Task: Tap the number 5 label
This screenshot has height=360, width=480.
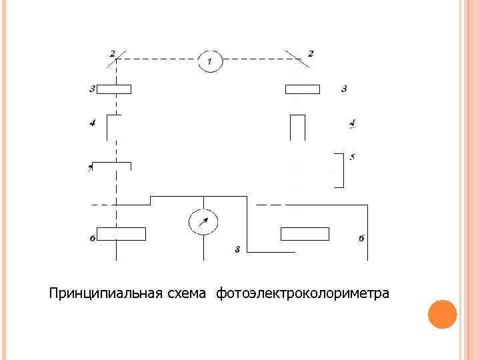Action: tap(352, 157)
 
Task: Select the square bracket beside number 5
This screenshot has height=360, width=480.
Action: tap(341, 171)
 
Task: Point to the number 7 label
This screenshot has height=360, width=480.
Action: tap(90, 170)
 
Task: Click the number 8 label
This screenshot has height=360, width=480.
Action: tap(237, 249)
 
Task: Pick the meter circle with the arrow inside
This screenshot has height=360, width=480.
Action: tap(203, 221)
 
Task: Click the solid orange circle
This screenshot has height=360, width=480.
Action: tap(441, 314)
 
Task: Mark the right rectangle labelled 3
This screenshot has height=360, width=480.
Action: tap(303, 89)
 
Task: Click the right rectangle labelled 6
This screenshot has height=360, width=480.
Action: tap(305, 234)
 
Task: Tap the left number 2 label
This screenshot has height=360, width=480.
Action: tap(112, 53)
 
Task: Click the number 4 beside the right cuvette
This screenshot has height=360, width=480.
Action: tap(352, 123)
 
